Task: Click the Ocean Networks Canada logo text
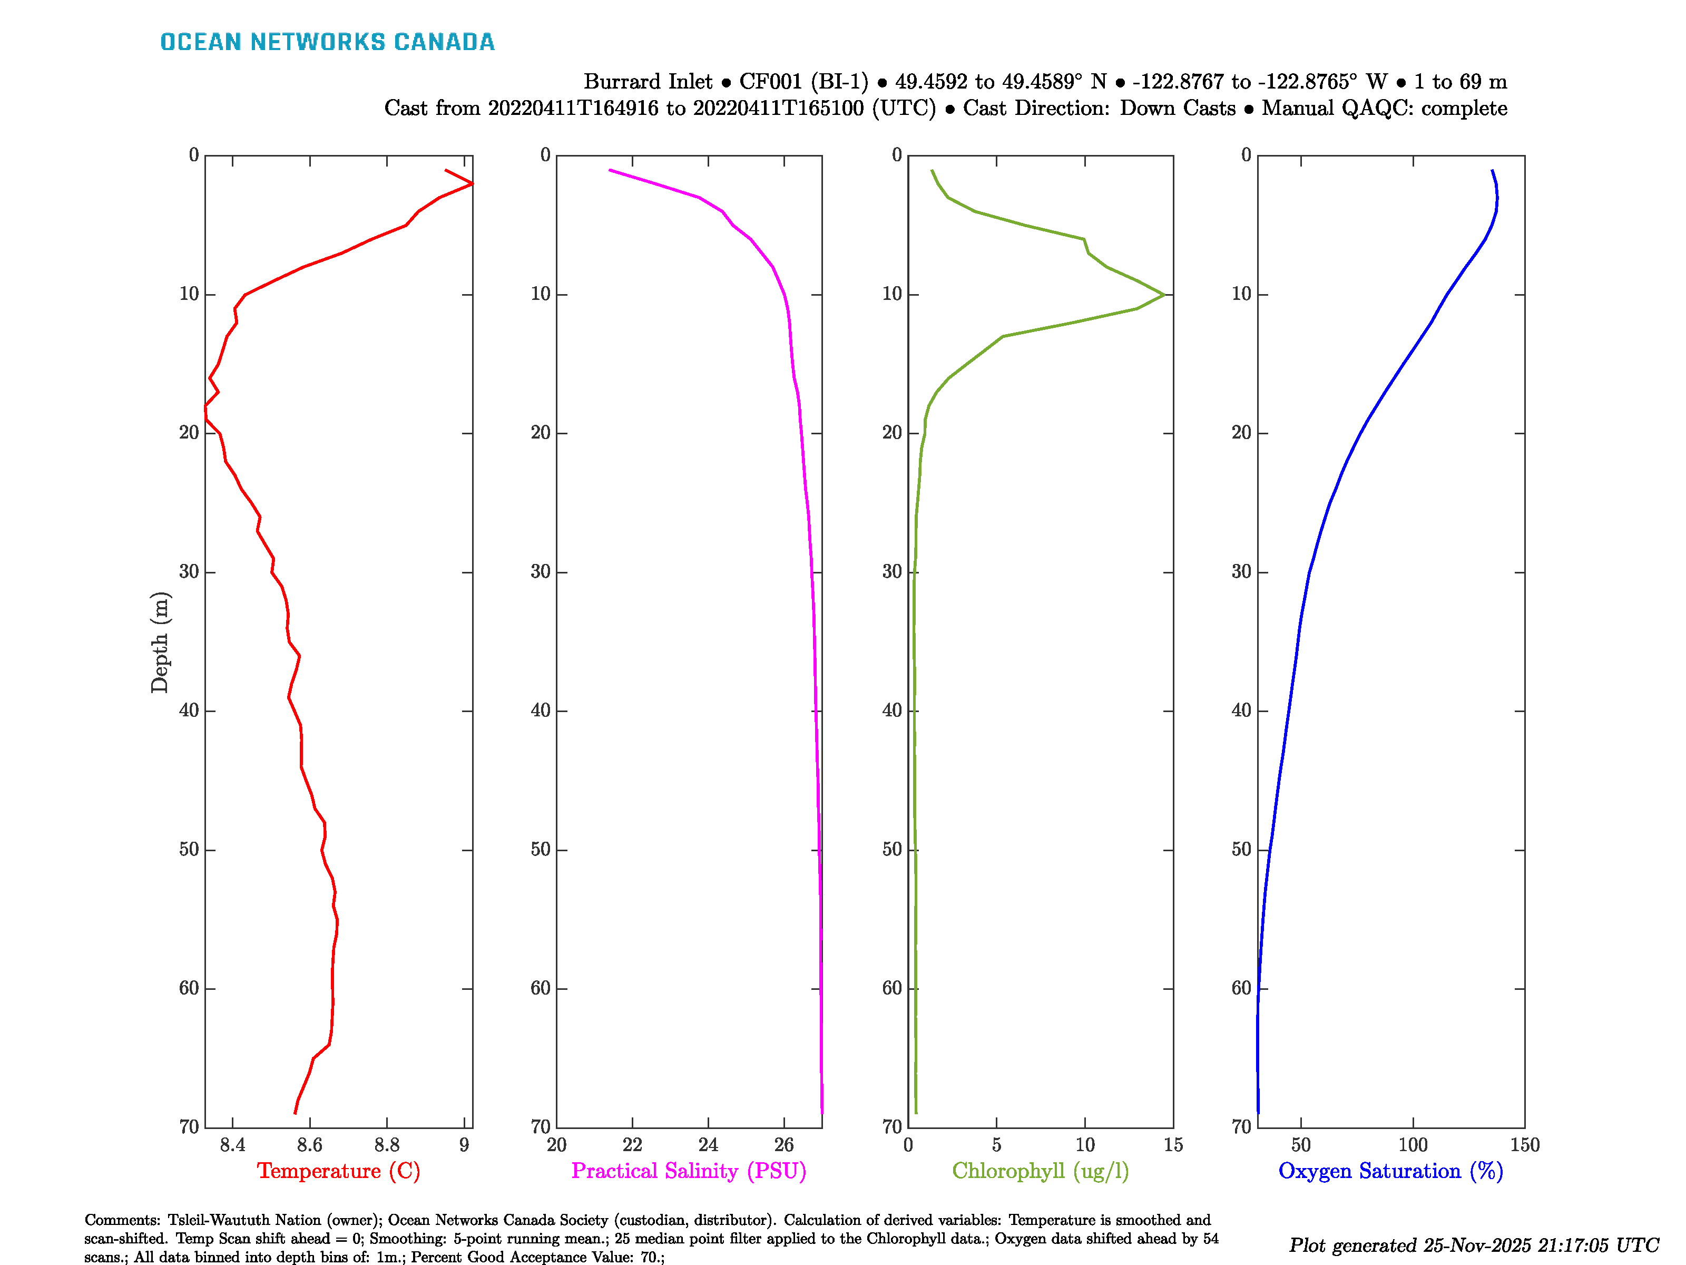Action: pos(327,42)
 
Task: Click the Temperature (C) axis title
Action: pos(338,1171)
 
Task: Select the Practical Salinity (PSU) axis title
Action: pos(688,1171)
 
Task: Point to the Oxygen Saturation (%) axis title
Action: pos(1390,1171)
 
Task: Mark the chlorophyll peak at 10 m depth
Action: pos(1164,294)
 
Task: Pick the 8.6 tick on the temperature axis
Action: pos(309,1144)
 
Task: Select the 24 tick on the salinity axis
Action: pos(708,1144)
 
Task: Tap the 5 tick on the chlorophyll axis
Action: pos(996,1144)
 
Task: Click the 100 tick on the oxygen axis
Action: pos(1413,1144)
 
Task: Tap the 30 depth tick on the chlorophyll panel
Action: pos(892,572)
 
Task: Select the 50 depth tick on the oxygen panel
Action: pos(1242,850)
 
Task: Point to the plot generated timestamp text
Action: pos(1473,1245)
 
